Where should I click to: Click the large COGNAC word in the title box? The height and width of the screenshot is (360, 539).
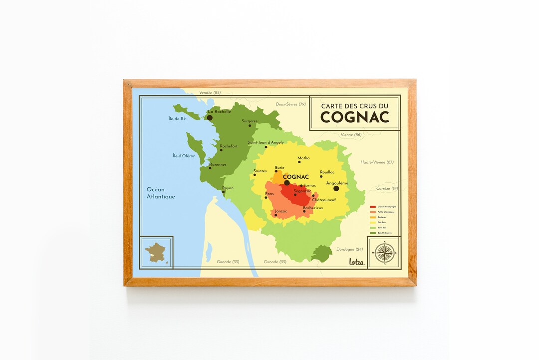click(354, 117)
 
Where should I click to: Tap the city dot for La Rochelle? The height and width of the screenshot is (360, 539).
click(210, 118)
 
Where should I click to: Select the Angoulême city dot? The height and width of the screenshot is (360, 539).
click(336, 188)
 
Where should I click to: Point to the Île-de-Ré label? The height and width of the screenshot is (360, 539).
click(177, 119)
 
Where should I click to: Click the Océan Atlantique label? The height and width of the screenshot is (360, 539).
click(161, 193)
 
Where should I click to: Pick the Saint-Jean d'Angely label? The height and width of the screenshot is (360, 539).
click(266, 142)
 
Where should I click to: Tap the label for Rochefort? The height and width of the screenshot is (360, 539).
click(229, 146)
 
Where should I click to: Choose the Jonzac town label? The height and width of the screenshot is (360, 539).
click(281, 211)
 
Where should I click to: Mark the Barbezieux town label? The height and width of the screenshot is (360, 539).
click(313, 207)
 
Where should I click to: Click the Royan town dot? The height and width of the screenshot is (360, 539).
click(224, 192)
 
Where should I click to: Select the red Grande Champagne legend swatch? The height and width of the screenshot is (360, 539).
click(372, 206)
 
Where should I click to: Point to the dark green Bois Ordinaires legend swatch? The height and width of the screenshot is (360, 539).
click(372, 233)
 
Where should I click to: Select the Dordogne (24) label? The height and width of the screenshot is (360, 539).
click(349, 249)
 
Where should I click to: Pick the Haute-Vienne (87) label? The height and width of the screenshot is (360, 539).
click(377, 162)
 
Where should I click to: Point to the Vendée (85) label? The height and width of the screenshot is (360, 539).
click(210, 93)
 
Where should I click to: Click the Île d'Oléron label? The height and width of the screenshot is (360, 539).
click(184, 156)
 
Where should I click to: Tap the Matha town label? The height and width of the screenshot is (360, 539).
click(303, 158)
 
